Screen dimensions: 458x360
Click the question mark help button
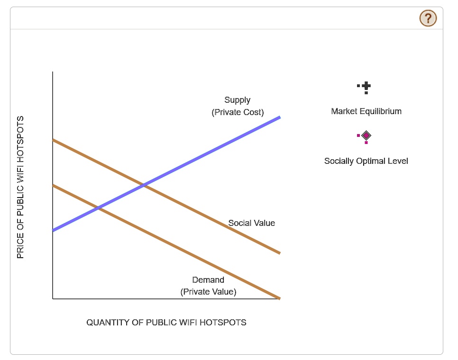pyautogui.click(x=428, y=18)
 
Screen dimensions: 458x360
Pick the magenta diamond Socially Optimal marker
pyautogui.click(x=366, y=135)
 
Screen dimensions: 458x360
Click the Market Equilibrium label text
pyautogui.click(x=366, y=111)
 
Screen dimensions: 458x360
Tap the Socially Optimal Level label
pyautogui.click(x=366, y=161)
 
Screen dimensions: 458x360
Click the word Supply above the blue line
pyautogui.click(x=237, y=100)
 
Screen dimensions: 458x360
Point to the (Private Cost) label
pyautogui.click(x=238, y=112)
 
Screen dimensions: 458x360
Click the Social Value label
pyautogui.click(x=251, y=223)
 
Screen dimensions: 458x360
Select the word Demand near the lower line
pyautogui.click(x=208, y=280)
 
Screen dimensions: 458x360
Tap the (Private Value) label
pyautogui.click(x=208, y=292)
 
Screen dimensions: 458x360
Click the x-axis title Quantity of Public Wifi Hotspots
pyautogui.click(x=166, y=323)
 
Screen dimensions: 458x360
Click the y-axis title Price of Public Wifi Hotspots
pyautogui.click(x=20, y=187)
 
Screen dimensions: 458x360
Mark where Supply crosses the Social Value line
pyautogui.click(x=144, y=185)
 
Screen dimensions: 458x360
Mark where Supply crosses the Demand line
pyautogui.click(x=99, y=208)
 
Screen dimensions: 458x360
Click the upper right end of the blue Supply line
pyautogui.click(x=280, y=117)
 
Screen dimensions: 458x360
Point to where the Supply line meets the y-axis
pyautogui.click(x=53, y=231)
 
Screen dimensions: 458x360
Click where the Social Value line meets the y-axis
pyautogui.click(x=53, y=140)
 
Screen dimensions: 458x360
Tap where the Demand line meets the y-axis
pyautogui.click(x=53, y=185)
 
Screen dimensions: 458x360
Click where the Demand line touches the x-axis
pyautogui.click(x=280, y=298)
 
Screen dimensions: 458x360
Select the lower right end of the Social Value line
pyautogui.click(x=280, y=253)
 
